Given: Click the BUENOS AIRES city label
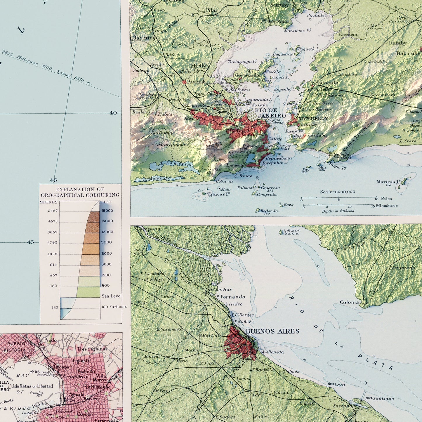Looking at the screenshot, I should click(x=272, y=331).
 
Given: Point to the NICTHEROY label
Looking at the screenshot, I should click(x=313, y=119).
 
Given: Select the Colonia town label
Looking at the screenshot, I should click(x=349, y=302).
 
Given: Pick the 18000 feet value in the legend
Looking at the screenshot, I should click(x=107, y=211).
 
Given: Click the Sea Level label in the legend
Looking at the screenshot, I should click(x=112, y=296).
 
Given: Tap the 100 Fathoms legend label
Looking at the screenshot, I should click(x=114, y=307).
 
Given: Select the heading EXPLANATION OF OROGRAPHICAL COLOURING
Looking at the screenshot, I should click(x=80, y=192).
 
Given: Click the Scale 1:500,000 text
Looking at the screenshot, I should click(x=337, y=192).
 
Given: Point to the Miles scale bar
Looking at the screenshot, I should click(x=339, y=198).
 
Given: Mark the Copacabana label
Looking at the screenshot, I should click(x=279, y=158).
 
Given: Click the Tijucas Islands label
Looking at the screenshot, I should click(x=218, y=194).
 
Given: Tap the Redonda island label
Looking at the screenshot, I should click(x=269, y=211).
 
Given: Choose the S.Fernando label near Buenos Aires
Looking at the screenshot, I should click(x=231, y=297).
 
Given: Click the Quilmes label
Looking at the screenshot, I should click(x=291, y=371).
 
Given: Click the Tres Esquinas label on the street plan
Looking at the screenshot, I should click(x=92, y=349).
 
